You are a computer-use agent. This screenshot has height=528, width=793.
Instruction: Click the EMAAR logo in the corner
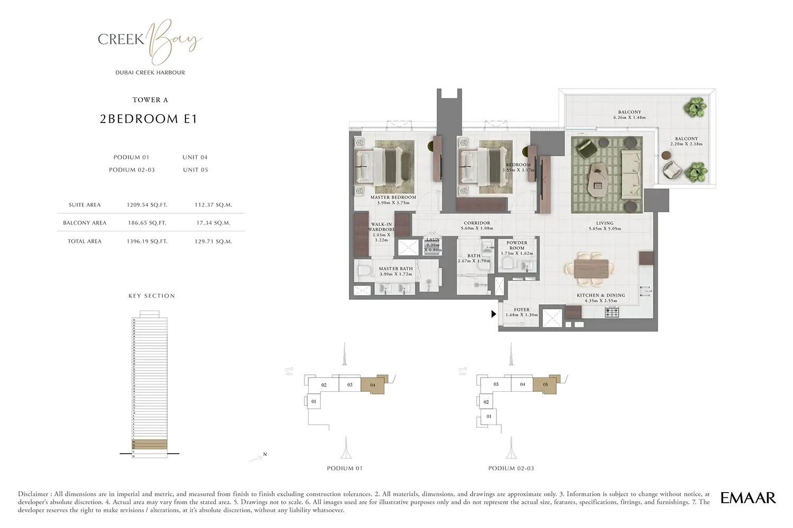point(748,497)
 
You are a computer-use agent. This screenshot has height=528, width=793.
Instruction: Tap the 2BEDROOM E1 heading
point(149,119)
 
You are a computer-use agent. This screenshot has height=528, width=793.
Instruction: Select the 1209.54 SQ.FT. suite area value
point(147,205)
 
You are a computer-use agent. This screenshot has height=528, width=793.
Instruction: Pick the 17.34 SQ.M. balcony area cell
point(213,223)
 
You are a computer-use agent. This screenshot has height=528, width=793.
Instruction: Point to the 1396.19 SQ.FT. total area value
point(147,241)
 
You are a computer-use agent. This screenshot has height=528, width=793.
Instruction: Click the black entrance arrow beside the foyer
point(494,314)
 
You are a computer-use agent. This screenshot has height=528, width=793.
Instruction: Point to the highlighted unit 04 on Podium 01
point(372,385)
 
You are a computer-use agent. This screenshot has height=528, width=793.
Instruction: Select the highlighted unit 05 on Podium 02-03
point(545,384)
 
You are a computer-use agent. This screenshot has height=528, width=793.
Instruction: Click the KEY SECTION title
point(152,296)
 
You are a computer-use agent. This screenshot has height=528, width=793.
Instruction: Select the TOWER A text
point(150,100)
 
